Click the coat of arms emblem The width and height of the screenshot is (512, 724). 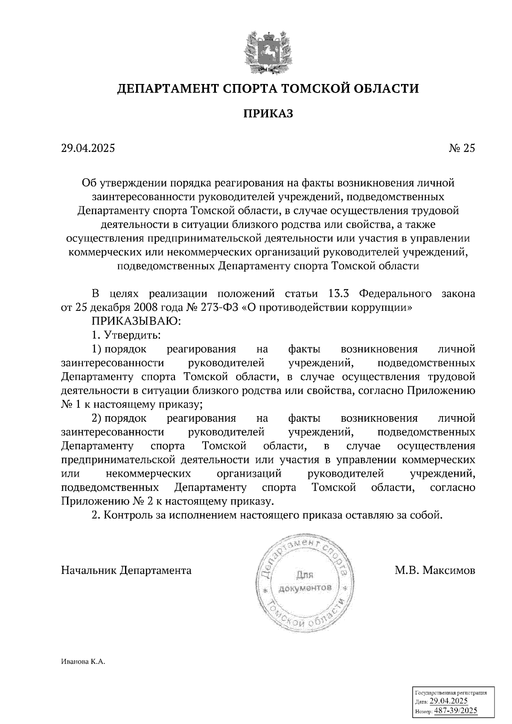268,50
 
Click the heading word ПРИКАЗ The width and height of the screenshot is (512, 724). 268,113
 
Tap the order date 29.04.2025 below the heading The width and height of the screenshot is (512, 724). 88,148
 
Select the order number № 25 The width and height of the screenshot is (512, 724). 462,148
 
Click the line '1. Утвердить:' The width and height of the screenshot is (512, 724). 126,335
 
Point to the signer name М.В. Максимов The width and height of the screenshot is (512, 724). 435,570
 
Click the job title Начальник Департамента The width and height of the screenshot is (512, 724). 126,570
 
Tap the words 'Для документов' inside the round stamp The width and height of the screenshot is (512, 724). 305,582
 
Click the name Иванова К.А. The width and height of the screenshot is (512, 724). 83,662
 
